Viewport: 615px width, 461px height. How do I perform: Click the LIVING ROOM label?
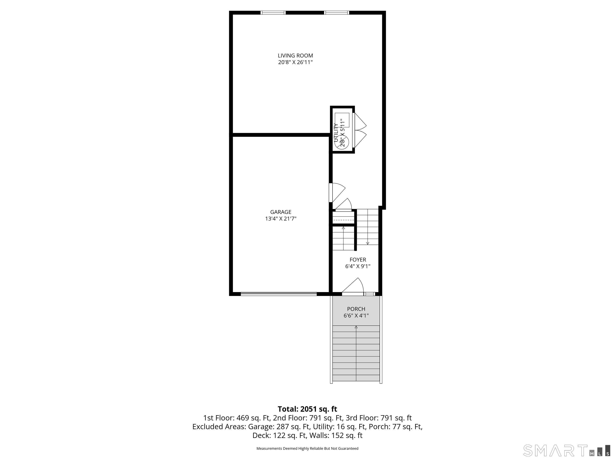tap(295, 56)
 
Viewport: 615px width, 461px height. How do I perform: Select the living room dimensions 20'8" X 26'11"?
tap(295, 62)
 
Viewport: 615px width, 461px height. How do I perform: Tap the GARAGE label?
tap(281, 212)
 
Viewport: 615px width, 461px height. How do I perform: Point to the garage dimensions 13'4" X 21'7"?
tap(281, 219)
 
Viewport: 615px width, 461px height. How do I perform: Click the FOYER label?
tap(358, 260)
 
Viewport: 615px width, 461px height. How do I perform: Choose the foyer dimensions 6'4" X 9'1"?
tap(358, 266)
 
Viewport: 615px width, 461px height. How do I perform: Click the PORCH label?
tap(356, 309)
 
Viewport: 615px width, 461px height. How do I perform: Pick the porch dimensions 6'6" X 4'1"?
tap(356, 316)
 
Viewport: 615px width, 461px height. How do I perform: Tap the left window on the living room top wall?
tap(273, 12)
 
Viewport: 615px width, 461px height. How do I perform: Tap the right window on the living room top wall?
tap(336, 12)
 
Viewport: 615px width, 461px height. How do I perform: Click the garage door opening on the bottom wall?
tap(279, 294)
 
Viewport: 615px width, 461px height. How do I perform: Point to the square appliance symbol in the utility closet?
tap(342, 120)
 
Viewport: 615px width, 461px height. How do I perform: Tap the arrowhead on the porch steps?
tap(356, 327)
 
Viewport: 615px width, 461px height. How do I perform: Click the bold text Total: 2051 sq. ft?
tap(307, 409)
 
